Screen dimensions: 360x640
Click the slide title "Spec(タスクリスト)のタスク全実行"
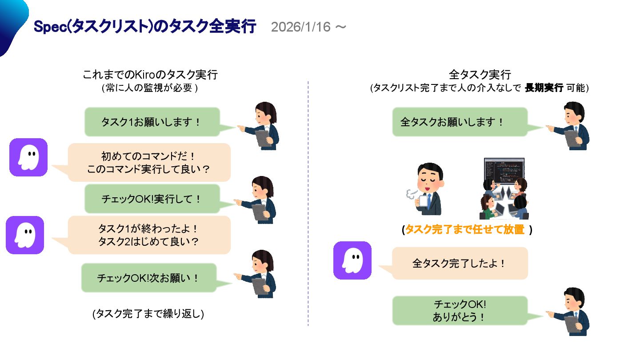(x=145, y=27)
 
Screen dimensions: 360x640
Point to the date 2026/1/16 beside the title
(x=301, y=27)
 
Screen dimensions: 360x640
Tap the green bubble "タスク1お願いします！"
(x=152, y=122)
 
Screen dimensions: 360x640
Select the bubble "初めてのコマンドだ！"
(x=149, y=162)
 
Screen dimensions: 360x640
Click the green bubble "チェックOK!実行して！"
(x=152, y=199)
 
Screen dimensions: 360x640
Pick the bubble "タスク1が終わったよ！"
(x=149, y=235)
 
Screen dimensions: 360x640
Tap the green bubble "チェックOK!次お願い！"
(x=148, y=278)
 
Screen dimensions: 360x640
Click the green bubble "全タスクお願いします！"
(x=460, y=122)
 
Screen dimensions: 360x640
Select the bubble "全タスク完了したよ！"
(x=460, y=263)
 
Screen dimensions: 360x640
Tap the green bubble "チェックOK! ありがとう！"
(x=460, y=311)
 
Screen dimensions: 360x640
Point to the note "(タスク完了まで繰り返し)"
(x=148, y=313)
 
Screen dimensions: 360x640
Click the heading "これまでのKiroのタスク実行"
(x=150, y=74)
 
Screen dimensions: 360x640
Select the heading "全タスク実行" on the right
(x=480, y=74)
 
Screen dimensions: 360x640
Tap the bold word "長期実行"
(x=544, y=88)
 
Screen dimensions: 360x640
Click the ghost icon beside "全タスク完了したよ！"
(x=352, y=260)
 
